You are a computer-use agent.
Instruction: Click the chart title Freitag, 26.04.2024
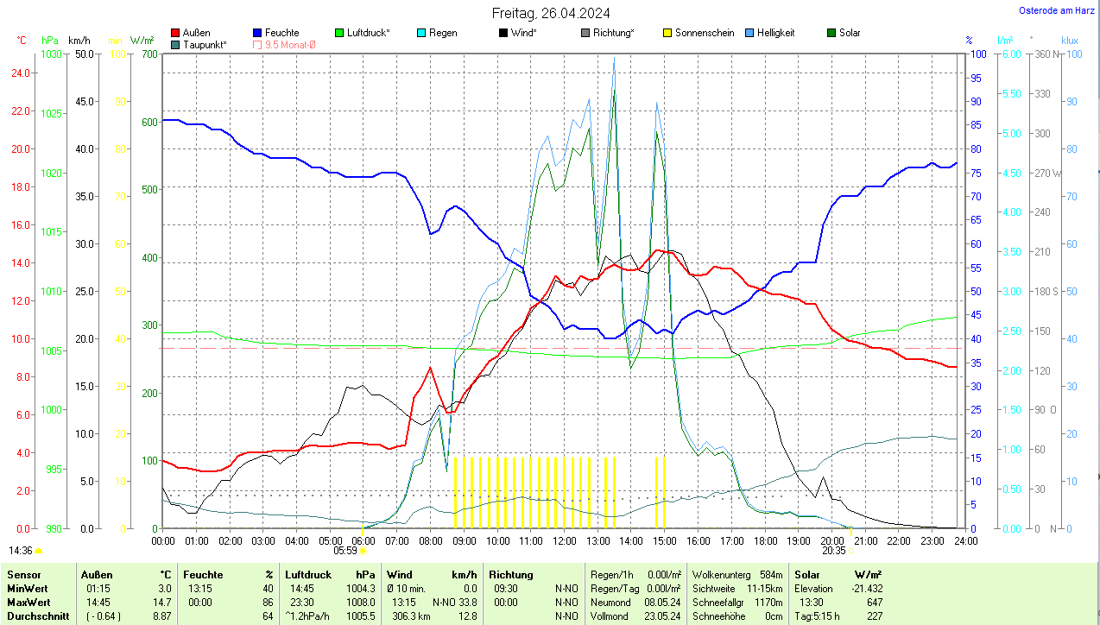tap(550, 13)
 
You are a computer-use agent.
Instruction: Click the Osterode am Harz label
tap(1057, 11)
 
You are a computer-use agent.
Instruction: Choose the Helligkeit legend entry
tap(775, 33)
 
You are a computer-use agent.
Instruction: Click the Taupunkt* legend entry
tap(205, 44)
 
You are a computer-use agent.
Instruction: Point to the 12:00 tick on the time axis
tap(564, 541)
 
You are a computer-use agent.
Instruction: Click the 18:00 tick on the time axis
tap(765, 541)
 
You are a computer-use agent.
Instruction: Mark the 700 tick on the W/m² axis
tap(149, 54)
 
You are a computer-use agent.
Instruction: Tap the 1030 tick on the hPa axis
tap(52, 54)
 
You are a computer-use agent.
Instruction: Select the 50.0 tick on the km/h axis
tap(85, 54)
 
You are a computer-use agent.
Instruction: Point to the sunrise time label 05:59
tap(345, 550)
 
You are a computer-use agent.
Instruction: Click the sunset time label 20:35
tap(833, 550)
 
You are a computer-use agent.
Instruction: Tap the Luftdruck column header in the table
tap(308, 575)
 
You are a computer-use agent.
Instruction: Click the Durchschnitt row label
tap(38, 616)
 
